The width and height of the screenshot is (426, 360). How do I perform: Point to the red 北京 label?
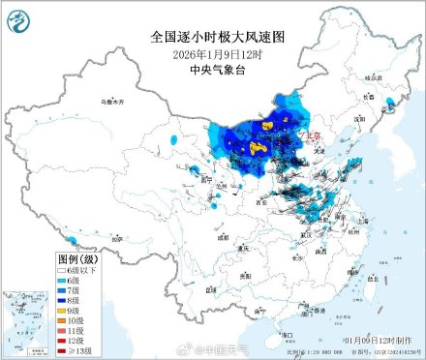pos(315,137)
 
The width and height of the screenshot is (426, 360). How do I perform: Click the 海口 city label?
pos(286,335)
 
